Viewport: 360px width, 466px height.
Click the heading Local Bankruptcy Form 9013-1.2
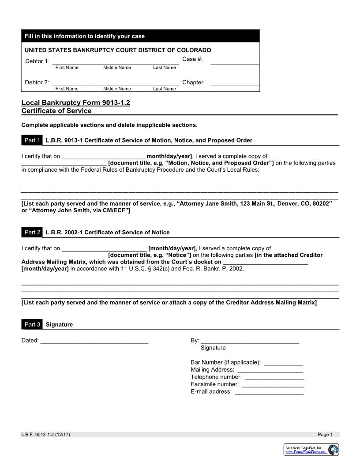coord(76,103)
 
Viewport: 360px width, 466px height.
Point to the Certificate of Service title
coord(56,111)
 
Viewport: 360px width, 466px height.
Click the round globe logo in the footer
coord(334,450)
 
